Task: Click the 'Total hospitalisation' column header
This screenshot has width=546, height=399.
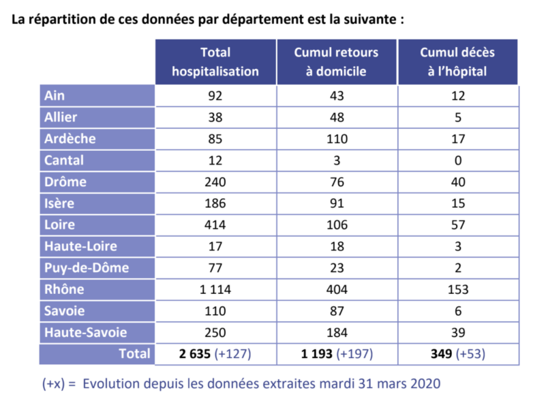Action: pyautogui.click(x=215, y=61)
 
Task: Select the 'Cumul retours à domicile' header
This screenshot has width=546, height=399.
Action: pyautogui.click(x=336, y=61)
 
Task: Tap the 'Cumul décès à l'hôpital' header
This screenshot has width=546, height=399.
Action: pyautogui.click(x=457, y=61)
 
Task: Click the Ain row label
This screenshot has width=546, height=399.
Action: pyautogui.click(x=55, y=95)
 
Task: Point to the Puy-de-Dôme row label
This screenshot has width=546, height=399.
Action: pyautogui.click(x=87, y=267)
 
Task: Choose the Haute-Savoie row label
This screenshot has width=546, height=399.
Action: pyautogui.click(x=85, y=332)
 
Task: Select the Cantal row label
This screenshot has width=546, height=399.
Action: pyautogui.click(x=63, y=160)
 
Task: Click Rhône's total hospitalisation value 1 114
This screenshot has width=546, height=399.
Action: pyautogui.click(x=215, y=289)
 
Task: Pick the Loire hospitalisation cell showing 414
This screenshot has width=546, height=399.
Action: pyautogui.click(x=215, y=225)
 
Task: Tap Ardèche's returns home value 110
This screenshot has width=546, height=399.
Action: pyautogui.click(x=337, y=138)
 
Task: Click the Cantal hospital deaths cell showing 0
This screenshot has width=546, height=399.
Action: pyautogui.click(x=458, y=160)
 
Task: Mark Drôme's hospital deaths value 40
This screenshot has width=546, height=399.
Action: pyautogui.click(x=458, y=182)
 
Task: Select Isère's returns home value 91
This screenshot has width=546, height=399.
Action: pyautogui.click(x=337, y=203)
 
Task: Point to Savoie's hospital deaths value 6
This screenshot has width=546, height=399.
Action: pyautogui.click(x=458, y=311)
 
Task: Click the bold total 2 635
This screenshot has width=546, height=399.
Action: pyautogui.click(x=195, y=354)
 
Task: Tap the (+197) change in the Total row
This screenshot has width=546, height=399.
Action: pyautogui.click(x=354, y=354)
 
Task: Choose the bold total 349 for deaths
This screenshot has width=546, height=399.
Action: pyautogui.click(x=441, y=354)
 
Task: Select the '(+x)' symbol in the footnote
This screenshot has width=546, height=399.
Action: pyautogui.click(x=53, y=384)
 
